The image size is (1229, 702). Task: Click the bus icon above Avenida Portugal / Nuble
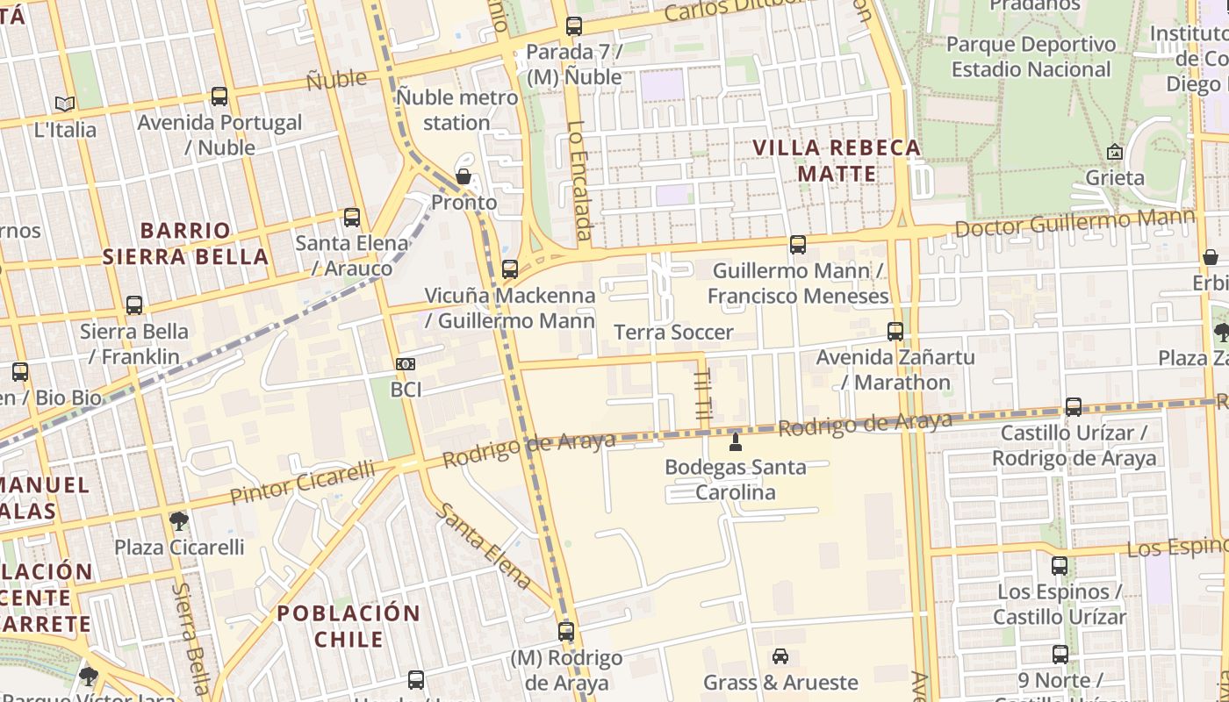pos(219,97)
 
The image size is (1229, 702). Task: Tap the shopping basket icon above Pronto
pos(464,177)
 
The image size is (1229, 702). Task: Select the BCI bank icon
pos(406,363)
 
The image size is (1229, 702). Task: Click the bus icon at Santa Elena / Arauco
pos(352,217)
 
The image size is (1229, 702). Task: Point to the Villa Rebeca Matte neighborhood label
pos(837,161)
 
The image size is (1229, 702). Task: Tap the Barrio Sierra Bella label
pos(185,244)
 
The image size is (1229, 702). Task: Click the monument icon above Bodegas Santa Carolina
pos(736,441)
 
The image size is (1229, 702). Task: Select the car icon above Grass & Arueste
pos(780,656)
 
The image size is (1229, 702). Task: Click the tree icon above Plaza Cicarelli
pos(179,521)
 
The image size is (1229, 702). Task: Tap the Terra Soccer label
pos(673,333)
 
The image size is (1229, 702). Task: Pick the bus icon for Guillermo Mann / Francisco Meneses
pos(798,245)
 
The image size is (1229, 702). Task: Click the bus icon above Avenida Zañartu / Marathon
pos(895,332)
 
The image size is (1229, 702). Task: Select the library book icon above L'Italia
pos(65,104)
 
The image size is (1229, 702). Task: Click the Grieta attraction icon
pos(1115,152)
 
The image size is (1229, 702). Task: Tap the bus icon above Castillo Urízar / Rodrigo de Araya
pos(1074,407)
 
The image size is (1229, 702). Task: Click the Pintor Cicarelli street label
pos(302,484)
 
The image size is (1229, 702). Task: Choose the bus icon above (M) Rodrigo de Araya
pos(566,631)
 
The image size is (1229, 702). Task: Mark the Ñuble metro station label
pos(457,110)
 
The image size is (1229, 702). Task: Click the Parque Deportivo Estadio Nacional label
pos(1031,56)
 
